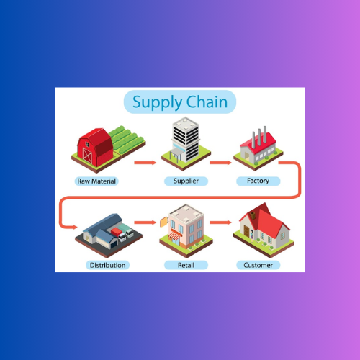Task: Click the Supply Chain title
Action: point(180,102)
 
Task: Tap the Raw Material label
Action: point(96,181)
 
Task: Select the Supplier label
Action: point(186,181)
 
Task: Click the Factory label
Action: point(258,181)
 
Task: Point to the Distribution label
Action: point(108,265)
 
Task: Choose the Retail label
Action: point(186,265)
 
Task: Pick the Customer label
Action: point(258,265)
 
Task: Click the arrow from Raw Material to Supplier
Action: point(145,163)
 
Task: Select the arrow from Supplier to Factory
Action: point(220,163)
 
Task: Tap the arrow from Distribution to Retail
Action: point(145,222)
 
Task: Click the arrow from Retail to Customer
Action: point(220,222)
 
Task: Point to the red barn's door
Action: point(87,156)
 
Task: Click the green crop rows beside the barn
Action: point(127,139)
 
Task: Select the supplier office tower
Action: point(186,140)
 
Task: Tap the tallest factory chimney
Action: point(265,134)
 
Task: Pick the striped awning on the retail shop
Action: point(174,236)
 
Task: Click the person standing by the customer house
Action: point(252,236)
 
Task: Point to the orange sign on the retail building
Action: point(164,222)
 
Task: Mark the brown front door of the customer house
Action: point(246,231)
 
